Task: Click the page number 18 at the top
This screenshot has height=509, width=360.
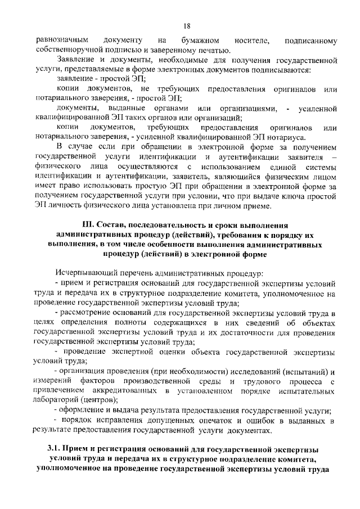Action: click(187, 26)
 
